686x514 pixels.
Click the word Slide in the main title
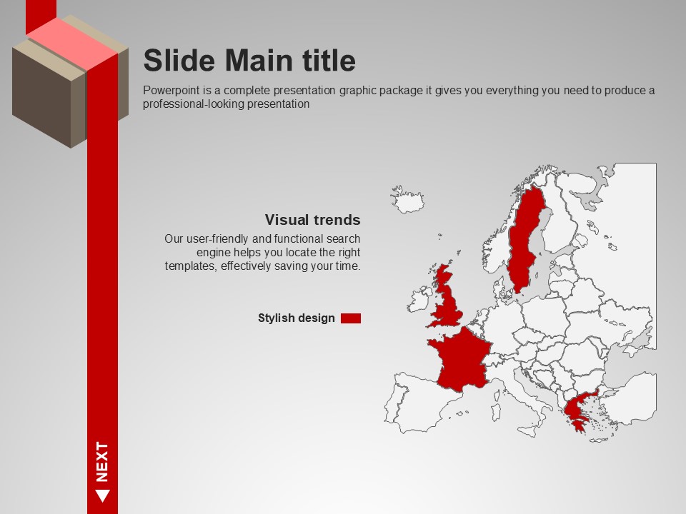pyautogui.click(x=179, y=60)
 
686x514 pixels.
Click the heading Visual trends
pyautogui.click(x=312, y=219)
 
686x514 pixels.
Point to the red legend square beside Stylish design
pyautogui.click(x=351, y=318)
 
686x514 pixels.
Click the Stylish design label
pyautogui.click(x=296, y=318)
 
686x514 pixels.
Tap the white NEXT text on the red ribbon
pyautogui.click(x=102, y=462)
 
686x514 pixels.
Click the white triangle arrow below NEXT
pyautogui.click(x=102, y=495)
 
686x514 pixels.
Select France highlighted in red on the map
pyautogui.click(x=460, y=360)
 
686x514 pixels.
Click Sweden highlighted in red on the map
pyautogui.click(x=525, y=241)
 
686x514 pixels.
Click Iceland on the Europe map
pyautogui.click(x=408, y=200)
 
